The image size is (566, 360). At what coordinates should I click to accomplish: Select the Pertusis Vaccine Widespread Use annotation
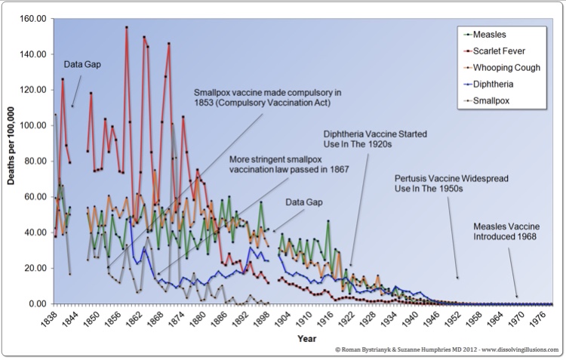point(452,183)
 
